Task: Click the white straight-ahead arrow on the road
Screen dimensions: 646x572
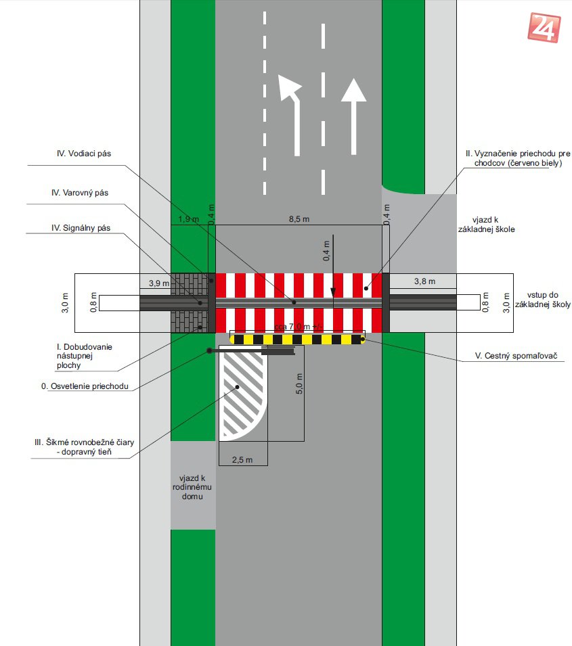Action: pyautogui.click(x=353, y=115)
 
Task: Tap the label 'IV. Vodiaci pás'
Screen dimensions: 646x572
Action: pyautogui.click(x=85, y=154)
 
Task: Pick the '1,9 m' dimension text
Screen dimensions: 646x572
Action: pyautogui.click(x=188, y=219)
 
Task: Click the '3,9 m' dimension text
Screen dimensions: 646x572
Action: pyautogui.click(x=158, y=282)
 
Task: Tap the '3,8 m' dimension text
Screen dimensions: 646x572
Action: pyautogui.click(x=424, y=281)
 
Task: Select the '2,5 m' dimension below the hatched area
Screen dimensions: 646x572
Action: pyautogui.click(x=242, y=460)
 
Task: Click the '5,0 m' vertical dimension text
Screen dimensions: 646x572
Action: pyautogui.click(x=299, y=385)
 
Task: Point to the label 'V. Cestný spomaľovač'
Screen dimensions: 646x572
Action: pyautogui.click(x=521, y=356)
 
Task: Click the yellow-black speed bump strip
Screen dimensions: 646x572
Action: pyautogui.click(x=298, y=338)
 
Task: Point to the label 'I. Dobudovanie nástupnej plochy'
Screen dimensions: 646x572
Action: pyautogui.click(x=84, y=356)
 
